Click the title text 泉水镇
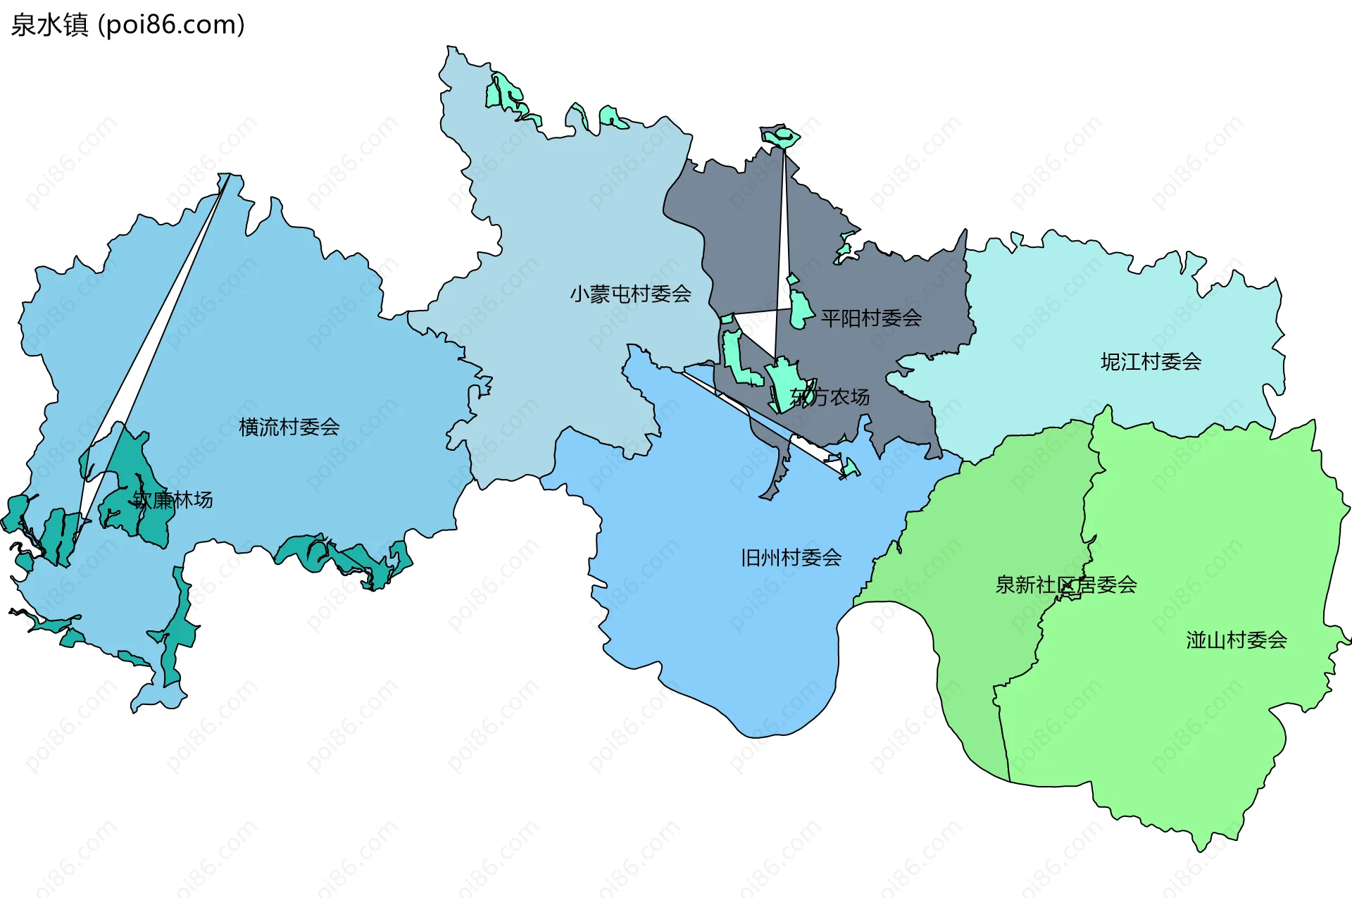pos(49,25)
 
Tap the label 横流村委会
pos(289,427)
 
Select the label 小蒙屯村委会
pos(630,294)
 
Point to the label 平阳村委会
pos(871,318)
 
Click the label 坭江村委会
pos(1151,362)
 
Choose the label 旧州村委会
pos(791,558)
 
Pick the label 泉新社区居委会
pos(1065,585)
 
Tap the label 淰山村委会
pos(1237,640)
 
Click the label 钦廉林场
pos(173,500)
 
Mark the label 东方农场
pos(830,397)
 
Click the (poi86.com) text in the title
pos(171,25)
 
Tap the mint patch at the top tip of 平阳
pos(780,135)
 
